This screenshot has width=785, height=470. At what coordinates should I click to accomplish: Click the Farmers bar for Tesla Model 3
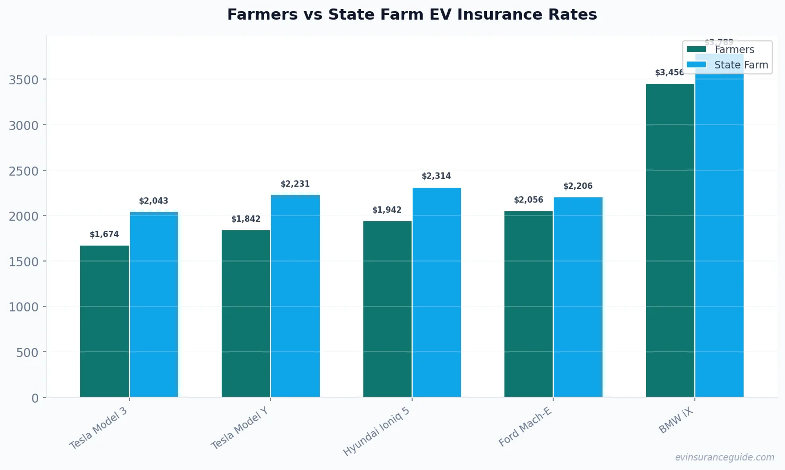coord(104,321)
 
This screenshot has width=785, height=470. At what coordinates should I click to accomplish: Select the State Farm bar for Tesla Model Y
coord(295,296)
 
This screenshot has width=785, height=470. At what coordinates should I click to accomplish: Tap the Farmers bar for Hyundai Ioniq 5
coord(387,309)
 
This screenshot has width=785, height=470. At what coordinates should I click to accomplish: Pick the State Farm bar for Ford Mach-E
coord(578,297)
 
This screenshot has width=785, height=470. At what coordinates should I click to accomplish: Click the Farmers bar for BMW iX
coord(670,240)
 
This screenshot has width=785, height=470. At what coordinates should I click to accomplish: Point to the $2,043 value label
coord(153,201)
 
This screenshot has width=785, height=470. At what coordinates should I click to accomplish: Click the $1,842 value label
coord(246,219)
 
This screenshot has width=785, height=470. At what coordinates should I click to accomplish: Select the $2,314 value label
coord(436,176)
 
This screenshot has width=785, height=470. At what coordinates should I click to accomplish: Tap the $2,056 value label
coord(528,200)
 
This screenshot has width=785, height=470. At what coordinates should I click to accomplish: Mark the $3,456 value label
coord(669,73)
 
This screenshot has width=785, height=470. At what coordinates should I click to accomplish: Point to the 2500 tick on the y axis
coord(24,171)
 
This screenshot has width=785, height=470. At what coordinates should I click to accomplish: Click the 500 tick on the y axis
coord(27,352)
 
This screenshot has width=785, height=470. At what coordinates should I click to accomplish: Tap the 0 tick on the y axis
coord(35,398)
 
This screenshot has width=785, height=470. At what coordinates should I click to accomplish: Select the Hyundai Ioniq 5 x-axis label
coord(377,431)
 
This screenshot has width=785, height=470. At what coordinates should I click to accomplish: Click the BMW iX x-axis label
coord(676,421)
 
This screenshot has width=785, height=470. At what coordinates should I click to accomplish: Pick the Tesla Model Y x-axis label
coord(240,428)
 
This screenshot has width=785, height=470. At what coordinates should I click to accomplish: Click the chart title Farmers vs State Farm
coord(412,14)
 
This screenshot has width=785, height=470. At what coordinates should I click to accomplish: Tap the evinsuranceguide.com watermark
coord(724,457)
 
